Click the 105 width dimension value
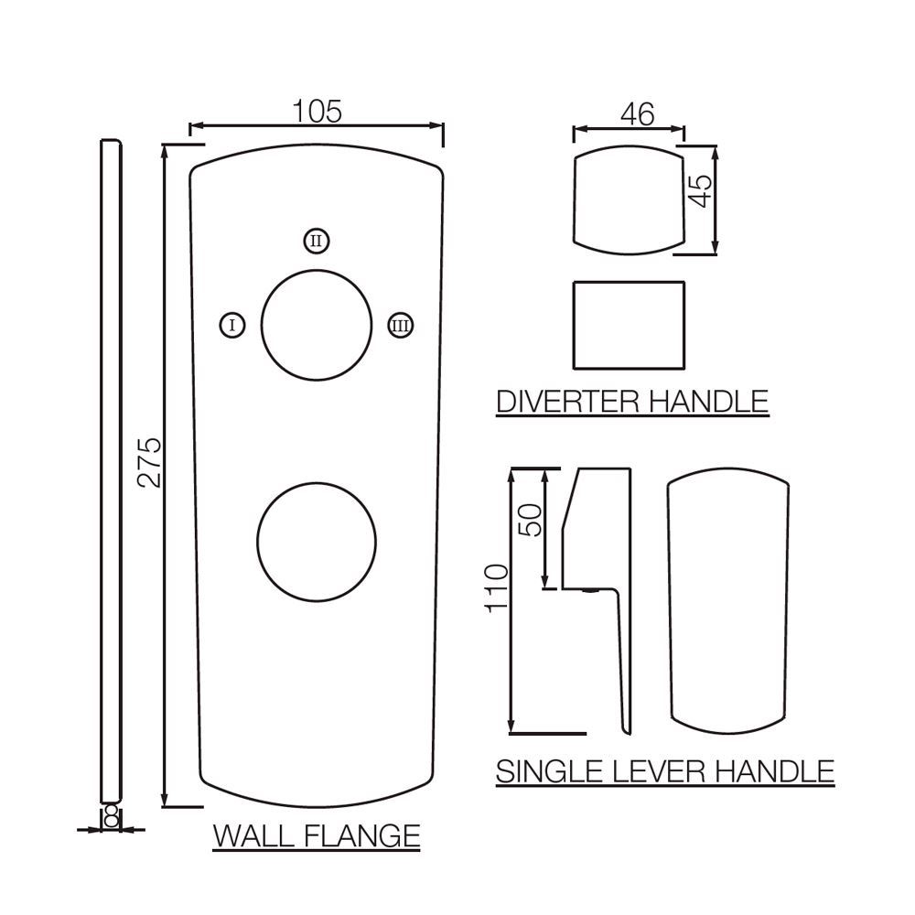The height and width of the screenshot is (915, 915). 316,112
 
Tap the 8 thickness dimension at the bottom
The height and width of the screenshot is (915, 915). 111,816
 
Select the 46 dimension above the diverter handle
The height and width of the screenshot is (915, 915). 637,115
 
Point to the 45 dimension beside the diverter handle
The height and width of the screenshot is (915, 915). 700,191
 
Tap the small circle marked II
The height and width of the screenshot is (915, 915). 316,241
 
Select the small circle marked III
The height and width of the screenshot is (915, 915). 399,325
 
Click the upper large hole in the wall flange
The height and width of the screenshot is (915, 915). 317,325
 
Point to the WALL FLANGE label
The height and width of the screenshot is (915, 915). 316,835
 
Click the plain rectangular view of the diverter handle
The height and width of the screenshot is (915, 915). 629,324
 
